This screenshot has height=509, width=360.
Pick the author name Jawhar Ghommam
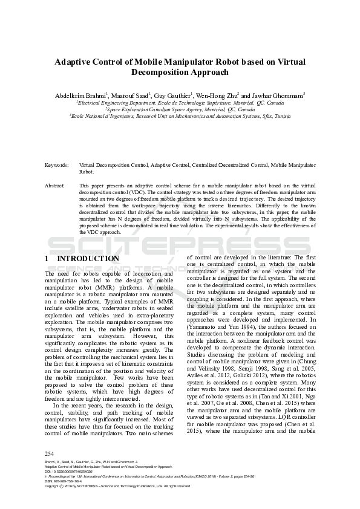tap(278, 96)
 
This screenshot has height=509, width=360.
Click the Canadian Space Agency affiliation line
tap(180, 109)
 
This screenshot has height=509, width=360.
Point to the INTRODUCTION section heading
tap(88, 259)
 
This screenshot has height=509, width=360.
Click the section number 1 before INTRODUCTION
tap(47, 259)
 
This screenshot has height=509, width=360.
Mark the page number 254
tap(50, 453)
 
